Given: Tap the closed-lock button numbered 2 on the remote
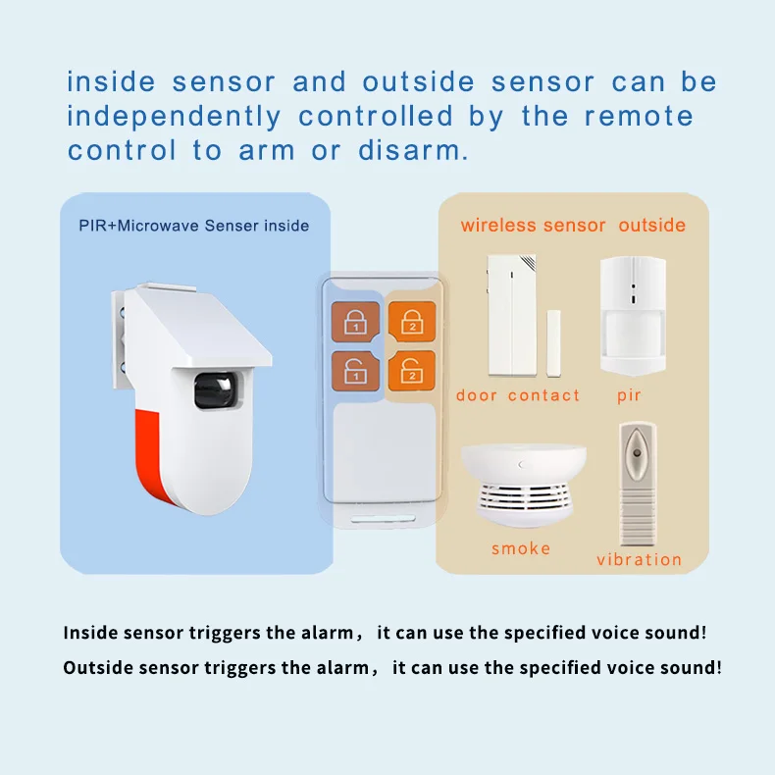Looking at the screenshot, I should [411, 321].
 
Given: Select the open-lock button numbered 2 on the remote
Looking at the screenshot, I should [411, 372].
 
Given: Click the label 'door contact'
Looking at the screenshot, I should [518, 395].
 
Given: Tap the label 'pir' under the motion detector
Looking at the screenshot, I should [629, 395].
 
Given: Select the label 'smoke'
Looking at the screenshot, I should [521, 548].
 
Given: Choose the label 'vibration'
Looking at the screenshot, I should [639, 560].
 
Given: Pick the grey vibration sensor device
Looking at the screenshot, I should [638, 486].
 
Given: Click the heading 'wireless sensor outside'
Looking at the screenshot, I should [573, 226].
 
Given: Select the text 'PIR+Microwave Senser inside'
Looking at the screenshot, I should [194, 226].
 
